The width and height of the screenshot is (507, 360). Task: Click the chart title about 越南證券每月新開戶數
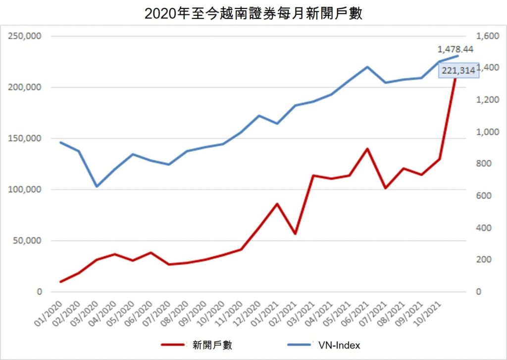[253, 13]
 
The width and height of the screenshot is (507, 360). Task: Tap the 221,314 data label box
[458, 71]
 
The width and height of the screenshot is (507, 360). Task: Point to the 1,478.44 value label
[456, 50]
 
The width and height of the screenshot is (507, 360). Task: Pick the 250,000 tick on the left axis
[25, 36]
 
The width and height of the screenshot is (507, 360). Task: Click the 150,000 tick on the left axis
[25, 139]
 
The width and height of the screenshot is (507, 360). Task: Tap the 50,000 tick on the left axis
[27, 241]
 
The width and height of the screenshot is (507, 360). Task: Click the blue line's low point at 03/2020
[97, 187]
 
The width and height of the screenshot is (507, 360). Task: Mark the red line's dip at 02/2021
[295, 233]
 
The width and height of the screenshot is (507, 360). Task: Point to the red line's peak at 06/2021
[367, 149]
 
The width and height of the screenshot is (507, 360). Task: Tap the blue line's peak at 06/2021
[367, 67]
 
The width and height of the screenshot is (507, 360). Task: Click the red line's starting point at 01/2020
[61, 282]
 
